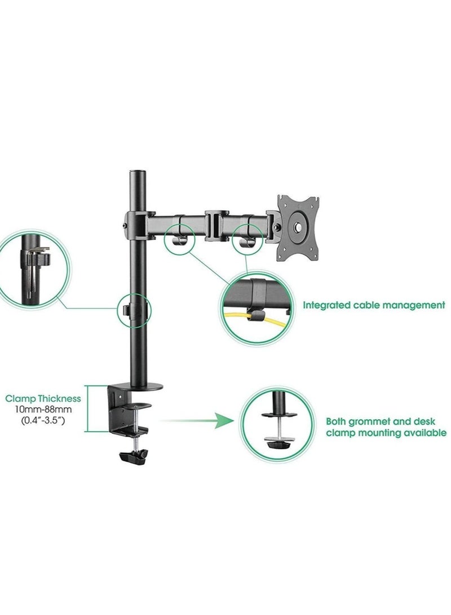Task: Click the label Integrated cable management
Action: [x=374, y=305]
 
